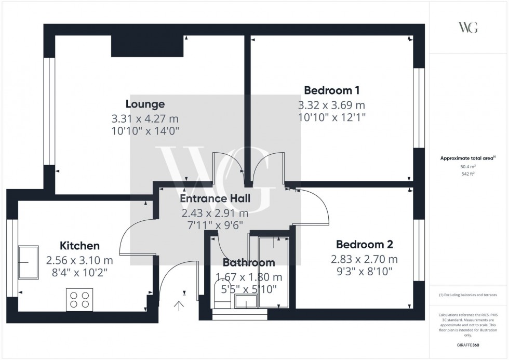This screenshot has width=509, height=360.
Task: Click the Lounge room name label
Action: pyautogui.click(x=145, y=104)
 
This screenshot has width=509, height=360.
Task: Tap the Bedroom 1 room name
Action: pyautogui.click(x=332, y=90)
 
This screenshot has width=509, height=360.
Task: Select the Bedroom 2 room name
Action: pyautogui.click(x=365, y=244)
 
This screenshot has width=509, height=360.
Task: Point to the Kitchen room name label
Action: pyautogui.click(x=79, y=245)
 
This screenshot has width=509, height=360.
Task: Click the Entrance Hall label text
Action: pyautogui.click(x=215, y=198)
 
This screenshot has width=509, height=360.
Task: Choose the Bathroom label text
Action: pyautogui.click(x=249, y=262)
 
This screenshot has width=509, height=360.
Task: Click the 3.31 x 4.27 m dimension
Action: pyautogui.click(x=145, y=118)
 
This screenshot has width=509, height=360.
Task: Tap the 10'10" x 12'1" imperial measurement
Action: pyautogui.click(x=332, y=117)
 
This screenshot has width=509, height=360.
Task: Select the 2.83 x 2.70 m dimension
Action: pyautogui.click(x=365, y=259)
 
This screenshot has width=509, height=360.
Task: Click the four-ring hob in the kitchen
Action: pyautogui.click(x=79, y=300)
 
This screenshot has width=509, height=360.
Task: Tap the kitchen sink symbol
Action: pyautogui.click(x=28, y=262)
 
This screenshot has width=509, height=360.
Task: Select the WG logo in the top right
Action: pyautogui.click(x=468, y=28)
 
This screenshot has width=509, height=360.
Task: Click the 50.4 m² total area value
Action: pyautogui.click(x=468, y=167)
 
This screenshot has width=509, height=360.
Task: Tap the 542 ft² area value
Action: pyautogui.click(x=468, y=174)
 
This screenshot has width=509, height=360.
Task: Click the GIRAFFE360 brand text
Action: pyautogui.click(x=468, y=344)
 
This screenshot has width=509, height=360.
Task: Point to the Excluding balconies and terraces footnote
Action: pyautogui.click(x=468, y=295)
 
